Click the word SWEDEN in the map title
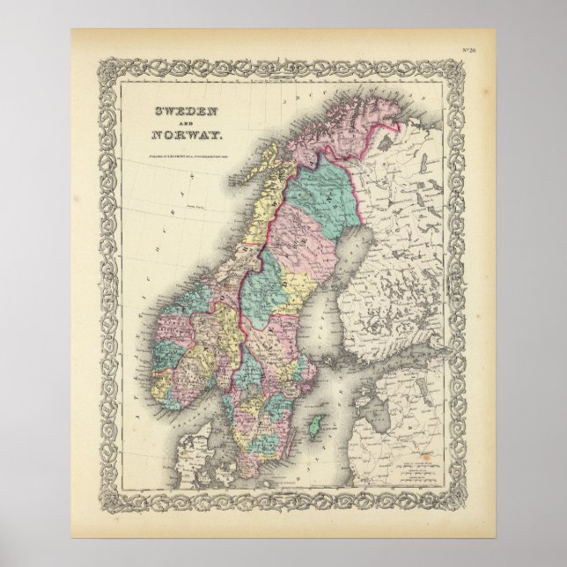tap(183, 115)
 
